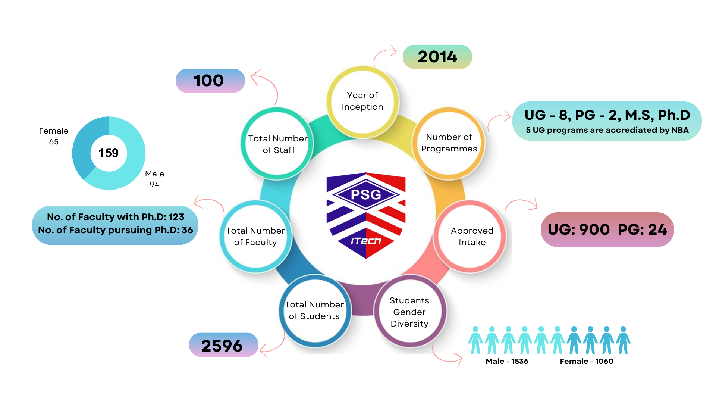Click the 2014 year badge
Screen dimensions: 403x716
pyautogui.click(x=437, y=57)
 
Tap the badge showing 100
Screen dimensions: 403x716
pyautogui.click(x=210, y=81)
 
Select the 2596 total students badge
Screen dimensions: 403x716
pyautogui.click(x=223, y=346)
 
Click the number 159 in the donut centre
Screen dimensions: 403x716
pyautogui.click(x=109, y=153)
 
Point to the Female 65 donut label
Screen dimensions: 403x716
pyautogui.click(x=54, y=136)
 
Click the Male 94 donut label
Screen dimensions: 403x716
pyautogui.click(x=154, y=179)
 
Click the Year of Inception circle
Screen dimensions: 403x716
pyautogui.click(x=362, y=101)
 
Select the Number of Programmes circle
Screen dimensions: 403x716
pyautogui.click(x=449, y=143)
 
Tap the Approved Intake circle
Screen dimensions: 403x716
pyautogui.click(x=472, y=237)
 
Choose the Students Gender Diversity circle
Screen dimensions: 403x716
pyautogui.click(x=409, y=312)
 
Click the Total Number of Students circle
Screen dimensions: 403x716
pyautogui.click(x=314, y=310)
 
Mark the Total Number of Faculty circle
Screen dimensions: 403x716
pyautogui.click(x=255, y=237)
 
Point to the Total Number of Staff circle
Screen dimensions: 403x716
pyautogui.click(x=278, y=144)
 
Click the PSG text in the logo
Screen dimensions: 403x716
pyautogui.click(x=366, y=194)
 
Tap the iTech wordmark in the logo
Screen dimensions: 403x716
pyautogui.click(x=366, y=241)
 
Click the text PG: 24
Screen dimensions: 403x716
pyautogui.click(x=642, y=229)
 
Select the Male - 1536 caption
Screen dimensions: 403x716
pyautogui.click(x=507, y=361)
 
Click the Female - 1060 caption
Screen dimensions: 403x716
pyautogui.click(x=587, y=361)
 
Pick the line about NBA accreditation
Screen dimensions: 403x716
pyautogui.click(x=607, y=130)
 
